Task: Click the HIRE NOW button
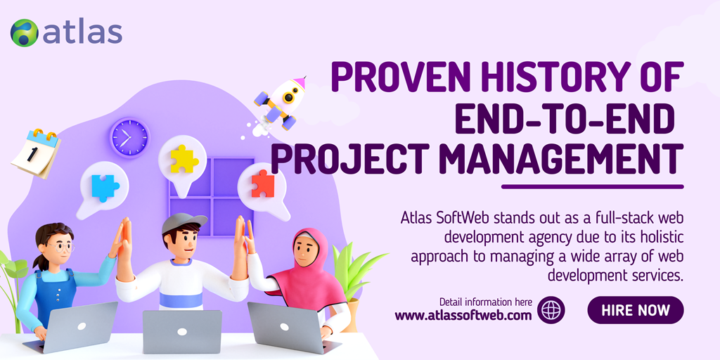(x=635, y=310)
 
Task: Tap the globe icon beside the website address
(x=551, y=310)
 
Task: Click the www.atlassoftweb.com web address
(x=463, y=316)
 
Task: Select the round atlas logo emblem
(x=25, y=33)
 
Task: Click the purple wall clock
(x=129, y=137)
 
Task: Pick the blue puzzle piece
(x=105, y=187)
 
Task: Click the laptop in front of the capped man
(x=182, y=330)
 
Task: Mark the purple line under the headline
(x=592, y=186)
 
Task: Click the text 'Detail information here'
(x=485, y=302)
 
